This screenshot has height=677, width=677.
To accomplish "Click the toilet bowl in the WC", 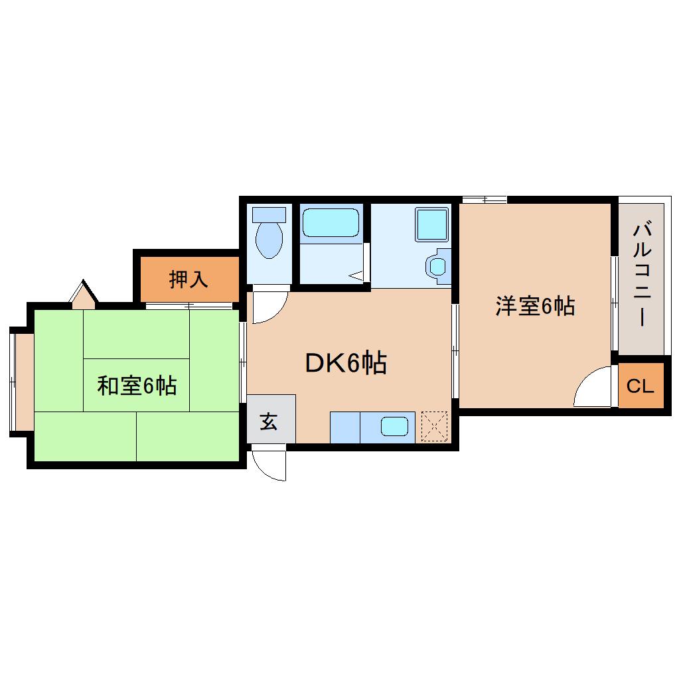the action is [x=269, y=240].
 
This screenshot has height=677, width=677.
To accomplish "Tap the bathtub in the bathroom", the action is [x=331, y=223].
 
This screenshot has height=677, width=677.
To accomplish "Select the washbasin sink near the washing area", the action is [x=438, y=266].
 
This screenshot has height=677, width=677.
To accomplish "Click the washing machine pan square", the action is [x=431, y=224].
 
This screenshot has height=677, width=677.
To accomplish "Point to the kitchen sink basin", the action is [x=394, y=426].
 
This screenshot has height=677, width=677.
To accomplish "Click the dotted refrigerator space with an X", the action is [x=434, y=427].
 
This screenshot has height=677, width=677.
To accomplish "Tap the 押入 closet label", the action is [x=188, y=279].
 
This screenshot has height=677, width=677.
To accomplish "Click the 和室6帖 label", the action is [x=137, y=386].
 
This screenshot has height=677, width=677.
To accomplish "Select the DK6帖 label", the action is [x=346, y=362].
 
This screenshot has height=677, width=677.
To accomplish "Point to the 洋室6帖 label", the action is [x=535, y=306].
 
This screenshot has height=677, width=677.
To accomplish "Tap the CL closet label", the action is [x=640, y=386].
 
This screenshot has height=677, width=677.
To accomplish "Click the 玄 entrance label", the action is [x=269, y=421].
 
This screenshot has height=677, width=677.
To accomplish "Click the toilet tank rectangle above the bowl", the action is [x=269, y=214].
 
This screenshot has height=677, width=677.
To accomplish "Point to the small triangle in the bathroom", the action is [x=356, y=275].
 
